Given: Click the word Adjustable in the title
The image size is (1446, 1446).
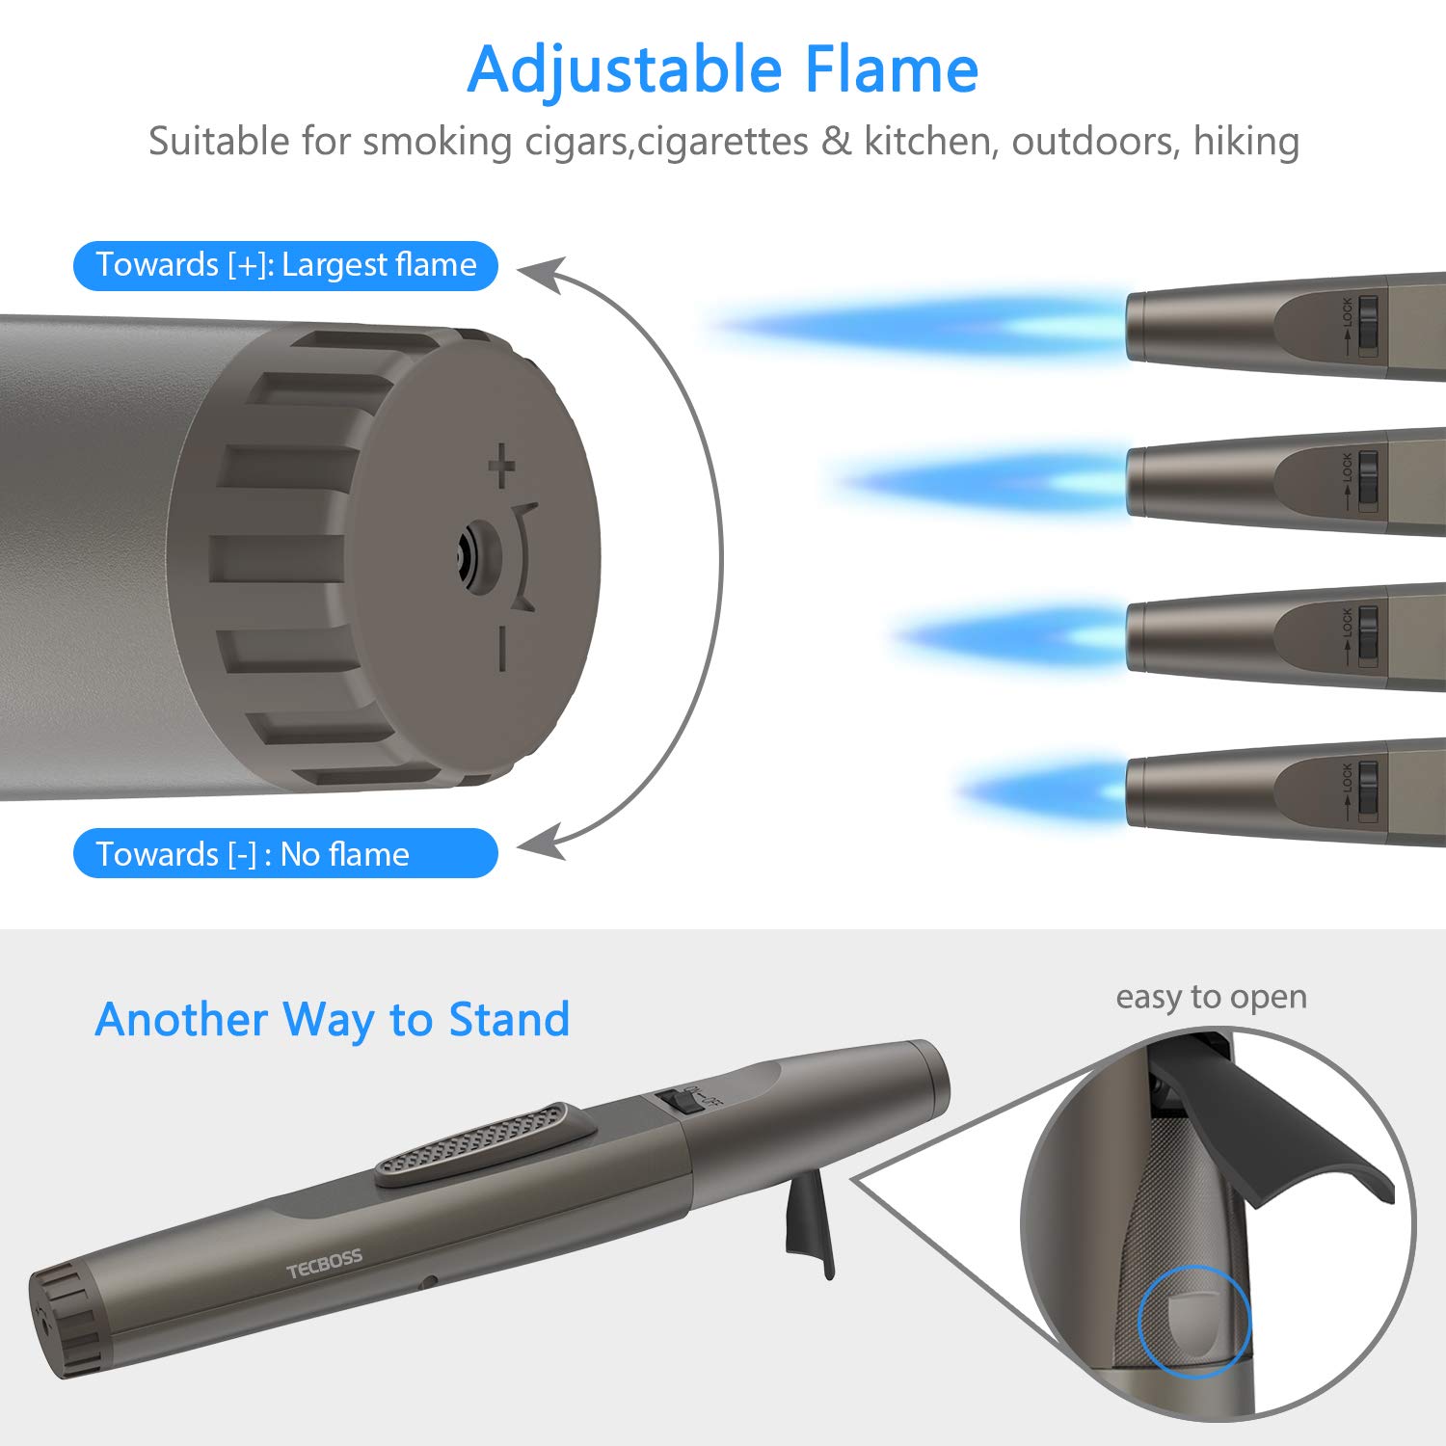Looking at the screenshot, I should (x=625, y=69).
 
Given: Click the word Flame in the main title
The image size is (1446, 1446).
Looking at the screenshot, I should (x=892, y=69).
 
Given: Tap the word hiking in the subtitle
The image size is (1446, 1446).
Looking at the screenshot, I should (x=1245, y=141).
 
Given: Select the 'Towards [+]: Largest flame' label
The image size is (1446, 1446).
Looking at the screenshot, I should (x=285, y=265).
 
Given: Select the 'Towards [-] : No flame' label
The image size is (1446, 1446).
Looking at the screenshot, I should (x=285, y=853).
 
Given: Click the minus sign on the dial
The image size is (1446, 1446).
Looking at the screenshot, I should (x=501, y=648).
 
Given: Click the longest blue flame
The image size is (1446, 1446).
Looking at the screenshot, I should (x=916, y=326).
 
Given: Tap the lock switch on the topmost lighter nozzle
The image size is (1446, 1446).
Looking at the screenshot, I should (x=1368, y=326).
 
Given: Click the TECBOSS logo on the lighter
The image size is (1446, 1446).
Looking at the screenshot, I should (x=324, y=1263).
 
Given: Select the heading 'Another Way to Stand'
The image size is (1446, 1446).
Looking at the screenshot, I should (x=333, y=1019).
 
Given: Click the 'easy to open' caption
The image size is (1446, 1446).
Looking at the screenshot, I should (x=1211, y=996).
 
